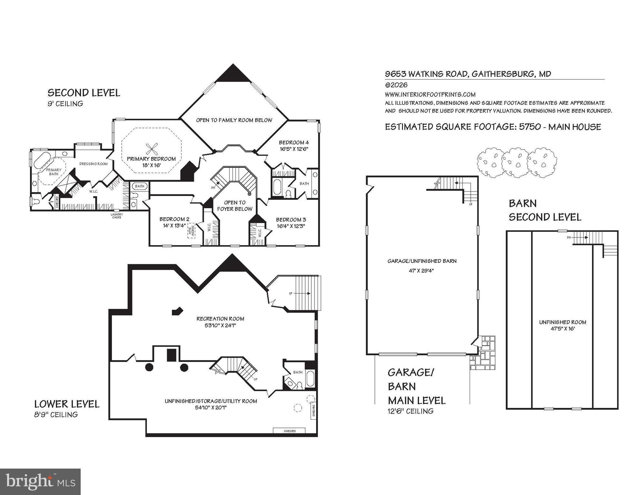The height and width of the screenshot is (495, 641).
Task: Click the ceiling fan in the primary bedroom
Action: (x=151, y=149)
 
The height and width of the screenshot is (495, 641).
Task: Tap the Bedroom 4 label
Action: (x=294, y=142)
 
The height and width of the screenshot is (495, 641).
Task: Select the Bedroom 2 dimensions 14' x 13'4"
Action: (x=174, y=226)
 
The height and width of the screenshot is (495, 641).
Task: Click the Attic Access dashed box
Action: (x=192, y=231)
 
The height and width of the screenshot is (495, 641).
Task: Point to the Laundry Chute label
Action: (x=116, y=216)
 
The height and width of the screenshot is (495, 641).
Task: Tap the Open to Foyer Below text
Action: (x=235, y=206)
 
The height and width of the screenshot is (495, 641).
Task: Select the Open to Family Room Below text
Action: (x=234, y=120)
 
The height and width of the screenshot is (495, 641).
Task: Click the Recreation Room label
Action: (x=220, y=319)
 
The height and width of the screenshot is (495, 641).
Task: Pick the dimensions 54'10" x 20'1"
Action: (x=211, y=408)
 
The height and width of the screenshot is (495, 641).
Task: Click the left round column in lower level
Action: (x=149, y=367)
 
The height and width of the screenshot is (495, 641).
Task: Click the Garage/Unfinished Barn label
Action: (x=422, y=261)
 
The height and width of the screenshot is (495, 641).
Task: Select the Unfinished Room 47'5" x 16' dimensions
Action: (x=563, y=329)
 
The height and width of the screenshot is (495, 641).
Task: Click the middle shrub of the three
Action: (x=515, y=163)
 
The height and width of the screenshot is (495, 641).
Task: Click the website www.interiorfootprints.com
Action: (x=430, y=94)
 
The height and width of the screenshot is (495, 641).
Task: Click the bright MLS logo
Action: (x=40, y=481)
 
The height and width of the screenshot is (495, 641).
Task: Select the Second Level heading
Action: (x=84, y=93)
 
